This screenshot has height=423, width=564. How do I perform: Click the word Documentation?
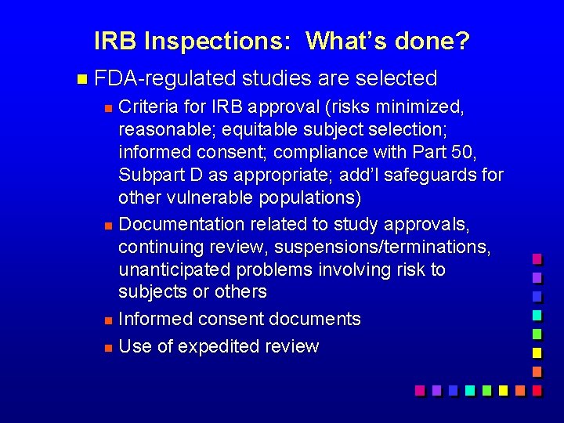tap(182, 224)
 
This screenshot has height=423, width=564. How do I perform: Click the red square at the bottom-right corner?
tap(537, 389)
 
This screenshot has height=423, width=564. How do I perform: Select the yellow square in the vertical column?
tap(537, 352)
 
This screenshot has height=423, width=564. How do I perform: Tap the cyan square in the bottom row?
tap(469, 389)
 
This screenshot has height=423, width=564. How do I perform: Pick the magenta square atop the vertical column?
tap(537, 258)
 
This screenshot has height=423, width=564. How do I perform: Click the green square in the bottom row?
tap(486, 389)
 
